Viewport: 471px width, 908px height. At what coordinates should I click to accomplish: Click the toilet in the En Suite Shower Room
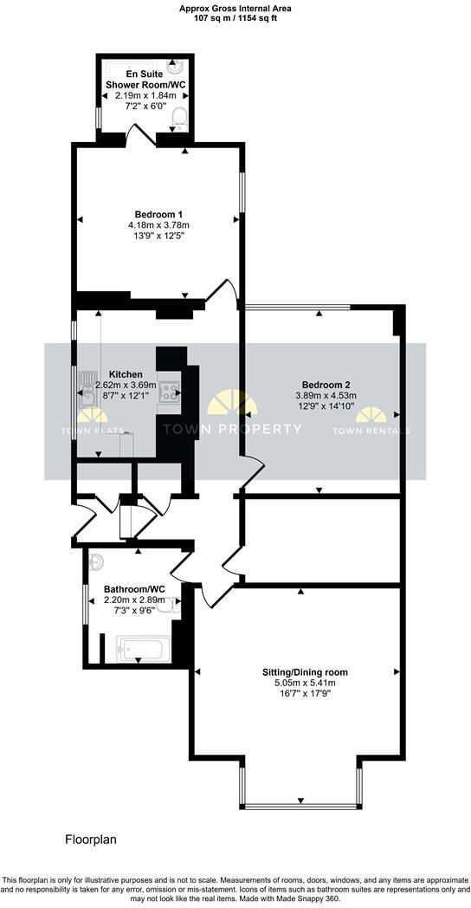point(180,116)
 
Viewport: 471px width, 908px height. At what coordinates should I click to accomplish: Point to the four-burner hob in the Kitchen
point(170,392)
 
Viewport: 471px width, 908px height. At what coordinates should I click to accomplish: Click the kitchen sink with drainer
point(87,391)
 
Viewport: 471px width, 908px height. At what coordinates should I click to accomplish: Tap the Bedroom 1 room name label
point(158,214)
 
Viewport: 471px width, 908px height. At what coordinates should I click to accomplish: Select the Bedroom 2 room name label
point(326,385)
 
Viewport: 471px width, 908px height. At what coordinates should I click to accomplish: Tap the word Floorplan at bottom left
point(91,840)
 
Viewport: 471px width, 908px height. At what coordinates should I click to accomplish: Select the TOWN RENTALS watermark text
point(371,431)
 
